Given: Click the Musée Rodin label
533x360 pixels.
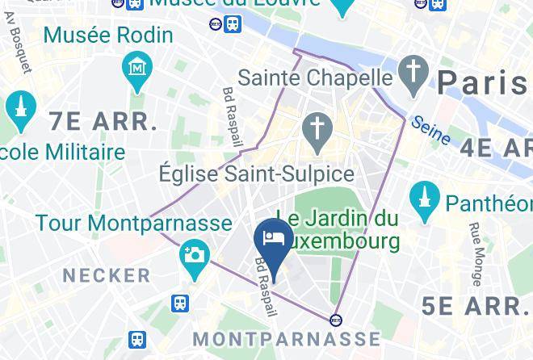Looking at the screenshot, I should click(x=107, y=35).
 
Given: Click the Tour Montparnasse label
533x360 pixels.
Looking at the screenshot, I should click(x=134, y=222).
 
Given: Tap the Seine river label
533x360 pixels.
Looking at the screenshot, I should click(x=430, y=130).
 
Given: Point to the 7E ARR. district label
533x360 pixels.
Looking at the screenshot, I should click(x=103, y=122).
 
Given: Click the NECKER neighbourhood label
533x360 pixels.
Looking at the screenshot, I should click(x=107, y=275).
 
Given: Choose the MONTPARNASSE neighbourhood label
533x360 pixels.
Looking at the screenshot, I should click(x=287, y=338).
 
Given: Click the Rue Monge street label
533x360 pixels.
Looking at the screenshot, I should click(x=476, y=253).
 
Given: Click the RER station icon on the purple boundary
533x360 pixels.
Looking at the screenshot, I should click(x=336, y=319).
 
